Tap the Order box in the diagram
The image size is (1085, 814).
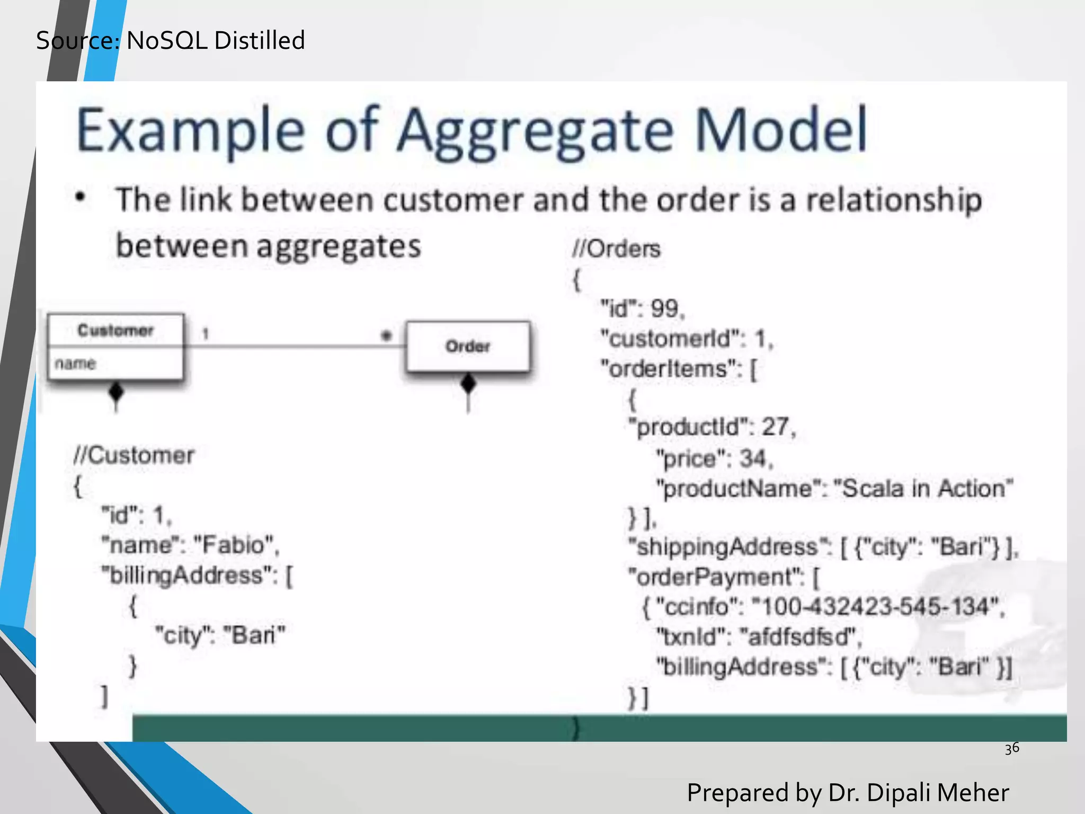point(468,347)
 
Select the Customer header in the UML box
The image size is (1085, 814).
point(115,330)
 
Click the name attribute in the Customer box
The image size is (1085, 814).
point(75,364)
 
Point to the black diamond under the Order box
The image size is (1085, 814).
point(468,383)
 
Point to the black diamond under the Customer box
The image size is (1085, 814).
point(116,392)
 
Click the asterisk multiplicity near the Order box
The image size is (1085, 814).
point(387,336)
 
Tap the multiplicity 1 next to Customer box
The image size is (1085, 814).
point(206,334)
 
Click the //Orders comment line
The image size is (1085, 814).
point(616,249)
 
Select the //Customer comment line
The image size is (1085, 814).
point(134,455)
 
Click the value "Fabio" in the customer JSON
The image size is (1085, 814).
point(236,545)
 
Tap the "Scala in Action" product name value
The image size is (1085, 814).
point(923,488)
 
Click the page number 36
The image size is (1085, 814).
point(1011,748)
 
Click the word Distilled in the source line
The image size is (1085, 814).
point(260,41)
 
